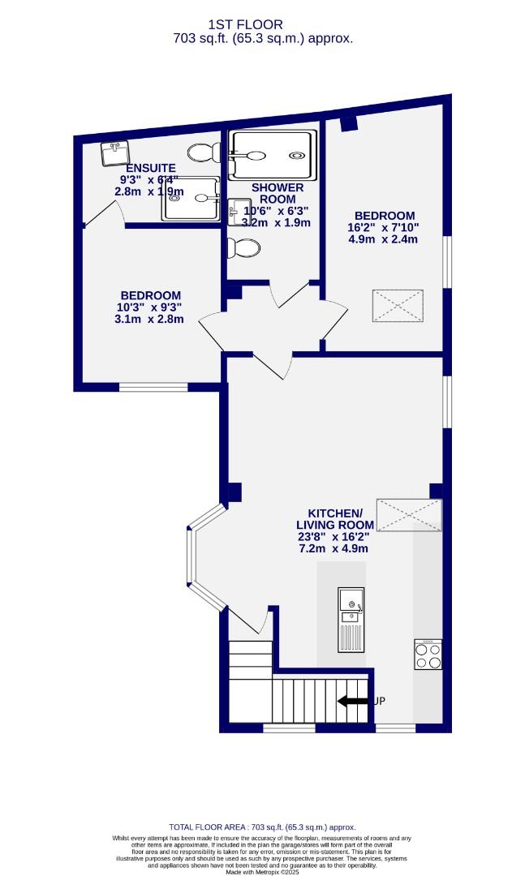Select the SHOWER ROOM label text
tap(277, 193)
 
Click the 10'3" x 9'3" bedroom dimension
tap(150, 307)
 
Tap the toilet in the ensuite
tap(201, 152)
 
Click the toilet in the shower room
tap(242, 247)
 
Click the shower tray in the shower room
tap(272, 154)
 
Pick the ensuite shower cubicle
tap(191, 198)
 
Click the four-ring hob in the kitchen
tap(428, 655)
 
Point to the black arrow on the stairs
tap(352, 701)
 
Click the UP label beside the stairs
tap(379, 701)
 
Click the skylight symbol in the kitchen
tap(410, 515)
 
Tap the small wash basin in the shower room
tap(240, 213)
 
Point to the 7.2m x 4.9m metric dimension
tap(334, 548)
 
